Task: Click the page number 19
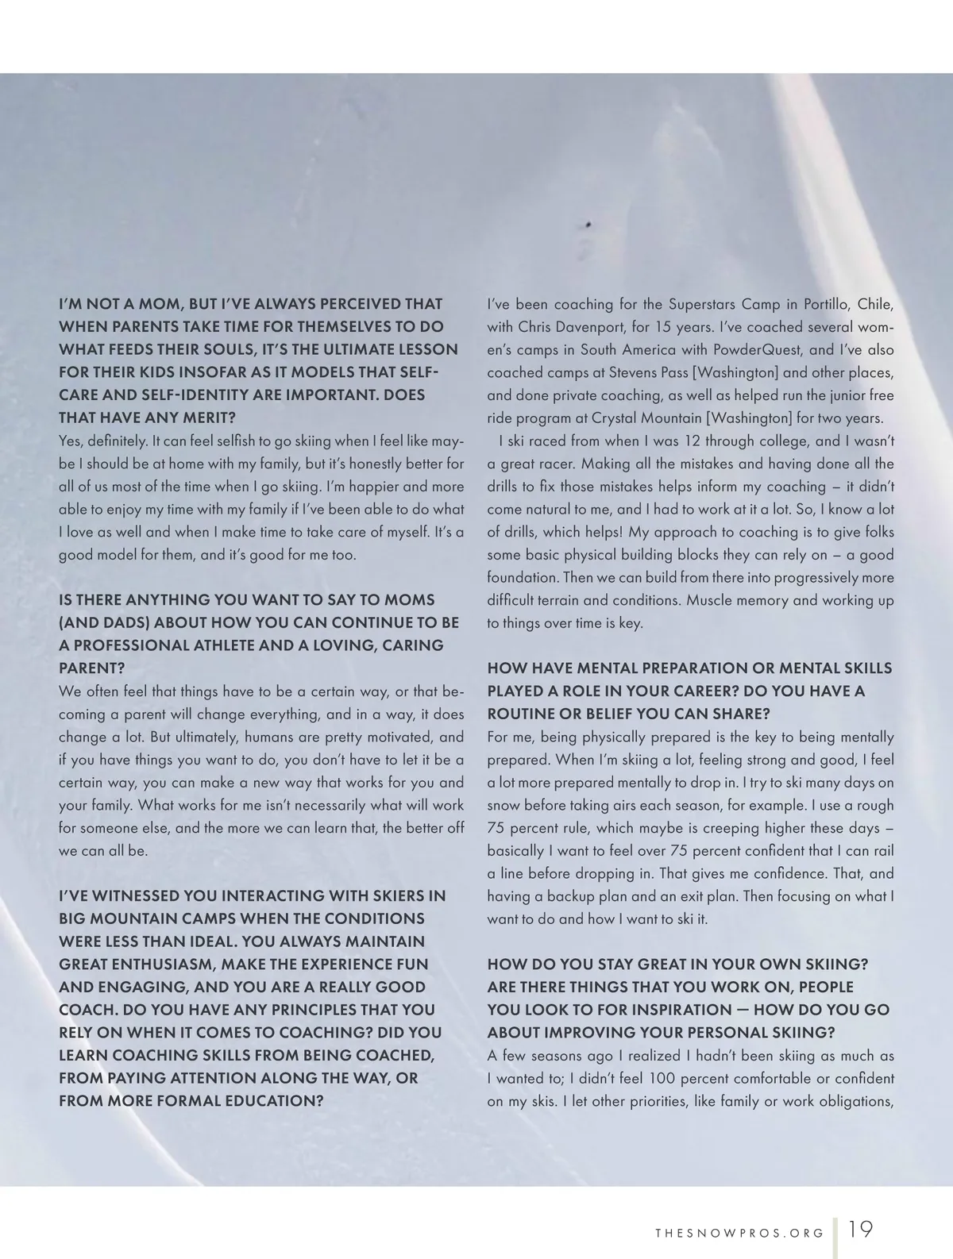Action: click(x=860, y=1230)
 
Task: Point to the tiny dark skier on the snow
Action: click(x=588, y=224)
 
